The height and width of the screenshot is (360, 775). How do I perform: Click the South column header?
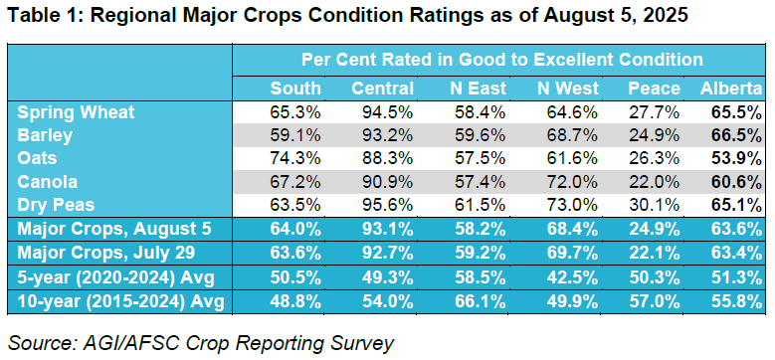pyautogui.click(x=295, y=89)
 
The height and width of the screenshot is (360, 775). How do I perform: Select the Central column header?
pyautogui.click(x=383, y=89)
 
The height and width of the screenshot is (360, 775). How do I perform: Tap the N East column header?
pyautogui.click(x=478, y=89)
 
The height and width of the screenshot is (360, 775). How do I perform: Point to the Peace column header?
pyautogui.click(x=654, y=89)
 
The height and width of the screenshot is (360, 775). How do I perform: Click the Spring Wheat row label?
pyautogui.click(x=76, y=112)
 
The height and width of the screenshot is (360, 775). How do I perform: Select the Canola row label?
pyautogui.click(x=48, y=182)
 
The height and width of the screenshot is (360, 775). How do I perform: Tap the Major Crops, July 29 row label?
pyautogui.click(x=105, y=253)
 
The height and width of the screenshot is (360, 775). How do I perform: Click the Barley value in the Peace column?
pyautogui.click(x=654, y=136)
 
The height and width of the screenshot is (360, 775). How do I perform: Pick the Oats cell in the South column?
pyautogui.click(x=295, y=158)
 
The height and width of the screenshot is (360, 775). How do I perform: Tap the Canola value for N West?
pyautogui.click(x=573, y=182)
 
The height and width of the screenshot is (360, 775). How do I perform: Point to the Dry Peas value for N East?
pyautogui.click(x=481, y=206)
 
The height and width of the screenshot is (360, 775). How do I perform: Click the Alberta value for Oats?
pyautogui.click(x=735, y=158)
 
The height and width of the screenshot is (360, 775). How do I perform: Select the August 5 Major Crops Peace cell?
pyautogui.click(x=654, y=229)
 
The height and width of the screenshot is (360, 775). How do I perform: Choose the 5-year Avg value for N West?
pyautogui.click(x=573, y=276)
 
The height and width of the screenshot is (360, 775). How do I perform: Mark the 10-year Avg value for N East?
pyautogui.click(x=481, y=300)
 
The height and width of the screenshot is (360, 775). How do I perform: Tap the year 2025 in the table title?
pyautogui.click(x=666, y=16)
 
